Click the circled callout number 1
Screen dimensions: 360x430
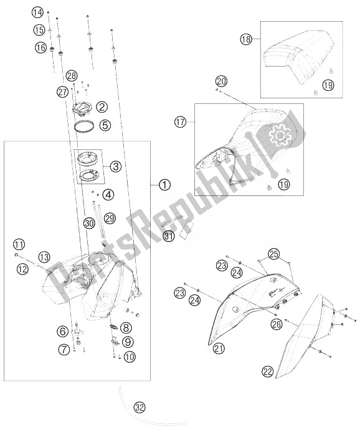tap(164, 185)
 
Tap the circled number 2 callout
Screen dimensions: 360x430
tap(102, 107)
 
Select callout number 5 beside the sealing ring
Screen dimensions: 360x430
tap(105, 125)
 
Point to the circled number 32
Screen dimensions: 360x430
tap(140, 408)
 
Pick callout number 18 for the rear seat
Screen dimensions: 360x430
tap(246, 39)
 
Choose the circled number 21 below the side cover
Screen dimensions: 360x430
tap(219, 348)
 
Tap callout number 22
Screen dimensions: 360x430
tap(268, 372)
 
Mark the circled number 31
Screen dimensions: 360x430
tap(169, 236)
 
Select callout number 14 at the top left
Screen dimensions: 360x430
tap(37, 12)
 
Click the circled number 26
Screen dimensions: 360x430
tap(277, 324)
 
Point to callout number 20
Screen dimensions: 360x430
tap(221, 81)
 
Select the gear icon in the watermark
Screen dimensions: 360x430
tap(279, 135)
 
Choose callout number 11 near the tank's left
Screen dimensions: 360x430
tap(19, 245)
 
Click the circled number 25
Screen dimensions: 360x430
tap(274, 255)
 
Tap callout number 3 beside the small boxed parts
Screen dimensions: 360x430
tap(115, 166)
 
